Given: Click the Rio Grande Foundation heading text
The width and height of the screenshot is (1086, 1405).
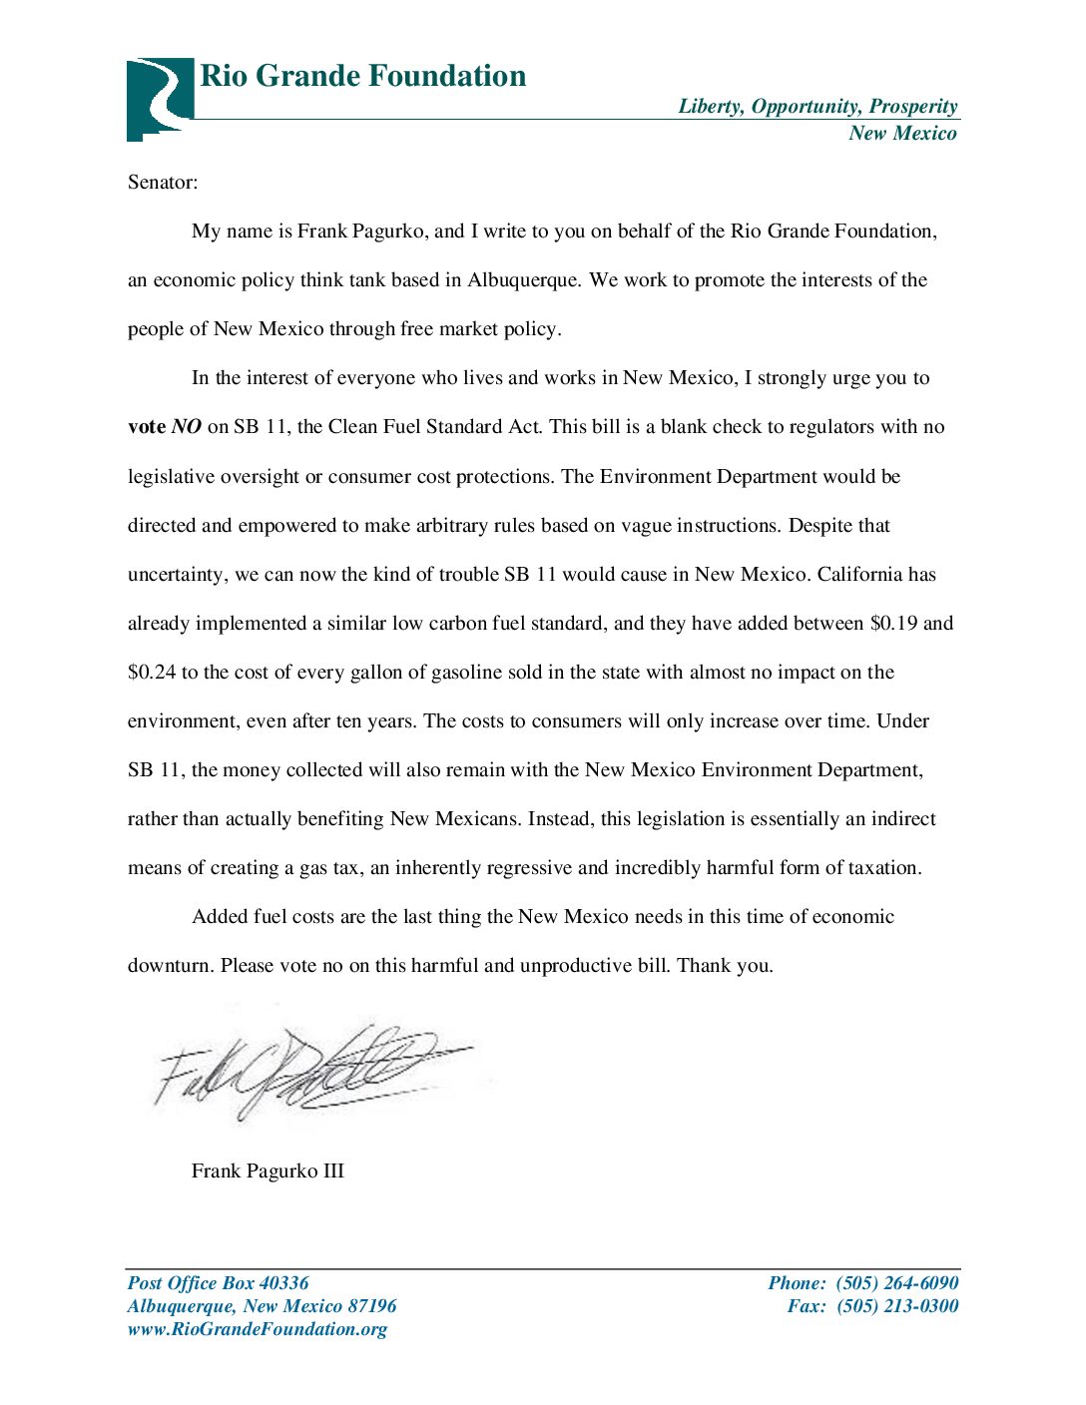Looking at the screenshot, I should click(363, 76).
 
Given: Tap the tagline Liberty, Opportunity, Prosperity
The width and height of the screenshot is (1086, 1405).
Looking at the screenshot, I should click(817, 106).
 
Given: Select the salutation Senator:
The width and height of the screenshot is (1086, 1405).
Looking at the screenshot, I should click(163, 182).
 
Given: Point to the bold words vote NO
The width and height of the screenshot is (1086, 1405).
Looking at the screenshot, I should click(165, 427).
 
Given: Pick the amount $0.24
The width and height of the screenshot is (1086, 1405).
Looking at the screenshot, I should click(152, 673).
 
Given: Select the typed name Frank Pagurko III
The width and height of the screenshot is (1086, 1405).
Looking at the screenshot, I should click(268, 1171).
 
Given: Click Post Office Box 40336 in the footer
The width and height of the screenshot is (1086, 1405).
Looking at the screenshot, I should click(218, 1283).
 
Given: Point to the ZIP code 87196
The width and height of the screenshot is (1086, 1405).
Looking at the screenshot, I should click(371, 1306).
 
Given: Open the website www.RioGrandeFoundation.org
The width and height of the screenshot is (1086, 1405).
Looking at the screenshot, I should click(258, 1329).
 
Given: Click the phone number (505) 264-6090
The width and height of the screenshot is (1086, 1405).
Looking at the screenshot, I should click(896, 1283).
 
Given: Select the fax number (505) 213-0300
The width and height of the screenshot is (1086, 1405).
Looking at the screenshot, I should click(896, 1306).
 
